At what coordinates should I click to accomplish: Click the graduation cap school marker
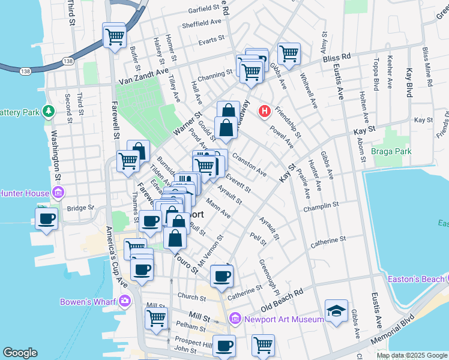click(336, 311)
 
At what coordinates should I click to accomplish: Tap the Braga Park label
click(391, 151)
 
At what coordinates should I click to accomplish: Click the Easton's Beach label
click(419, 278)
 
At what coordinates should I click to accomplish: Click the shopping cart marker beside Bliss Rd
click(289, 53)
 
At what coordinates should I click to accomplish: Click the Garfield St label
click(195, 10)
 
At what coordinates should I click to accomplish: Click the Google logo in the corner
click(20, 353)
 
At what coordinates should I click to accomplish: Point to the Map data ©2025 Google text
click(411, 355)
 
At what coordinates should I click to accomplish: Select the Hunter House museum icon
click(59, 193)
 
